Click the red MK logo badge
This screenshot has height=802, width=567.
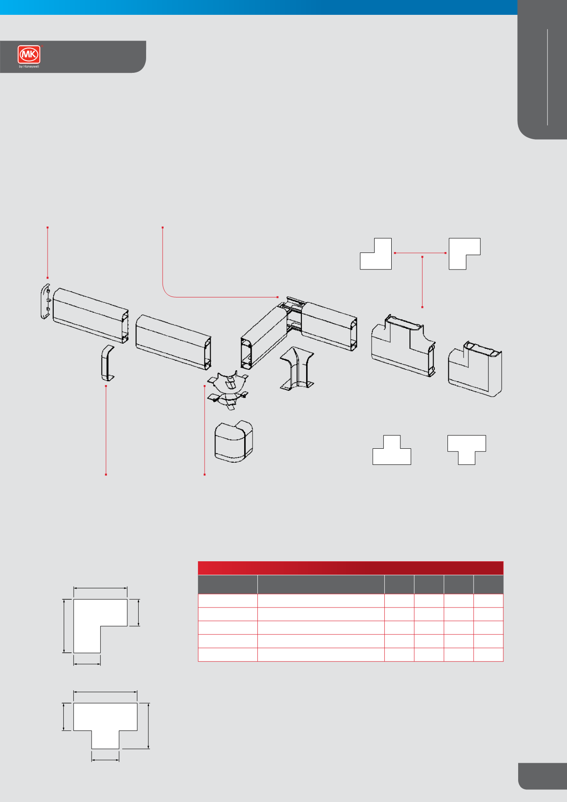click(29, 55)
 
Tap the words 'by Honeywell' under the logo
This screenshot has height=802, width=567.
click(29, 67)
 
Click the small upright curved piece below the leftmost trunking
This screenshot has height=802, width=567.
click(107, 363)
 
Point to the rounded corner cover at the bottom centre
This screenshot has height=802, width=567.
click(234, 441)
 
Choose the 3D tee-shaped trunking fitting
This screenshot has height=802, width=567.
click(403, 345)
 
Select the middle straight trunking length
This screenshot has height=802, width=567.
click(174, 342)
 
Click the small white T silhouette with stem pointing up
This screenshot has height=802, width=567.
click(392, 450)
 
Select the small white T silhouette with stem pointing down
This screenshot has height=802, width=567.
click(467, 450)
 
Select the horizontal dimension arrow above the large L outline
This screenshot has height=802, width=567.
click(100, 588)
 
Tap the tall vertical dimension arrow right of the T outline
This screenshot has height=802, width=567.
click(149, 726)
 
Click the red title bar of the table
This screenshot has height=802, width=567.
click(351, 568)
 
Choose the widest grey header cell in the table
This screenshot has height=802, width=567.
click(321, 584)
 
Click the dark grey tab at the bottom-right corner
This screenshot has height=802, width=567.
click(543, 776)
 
